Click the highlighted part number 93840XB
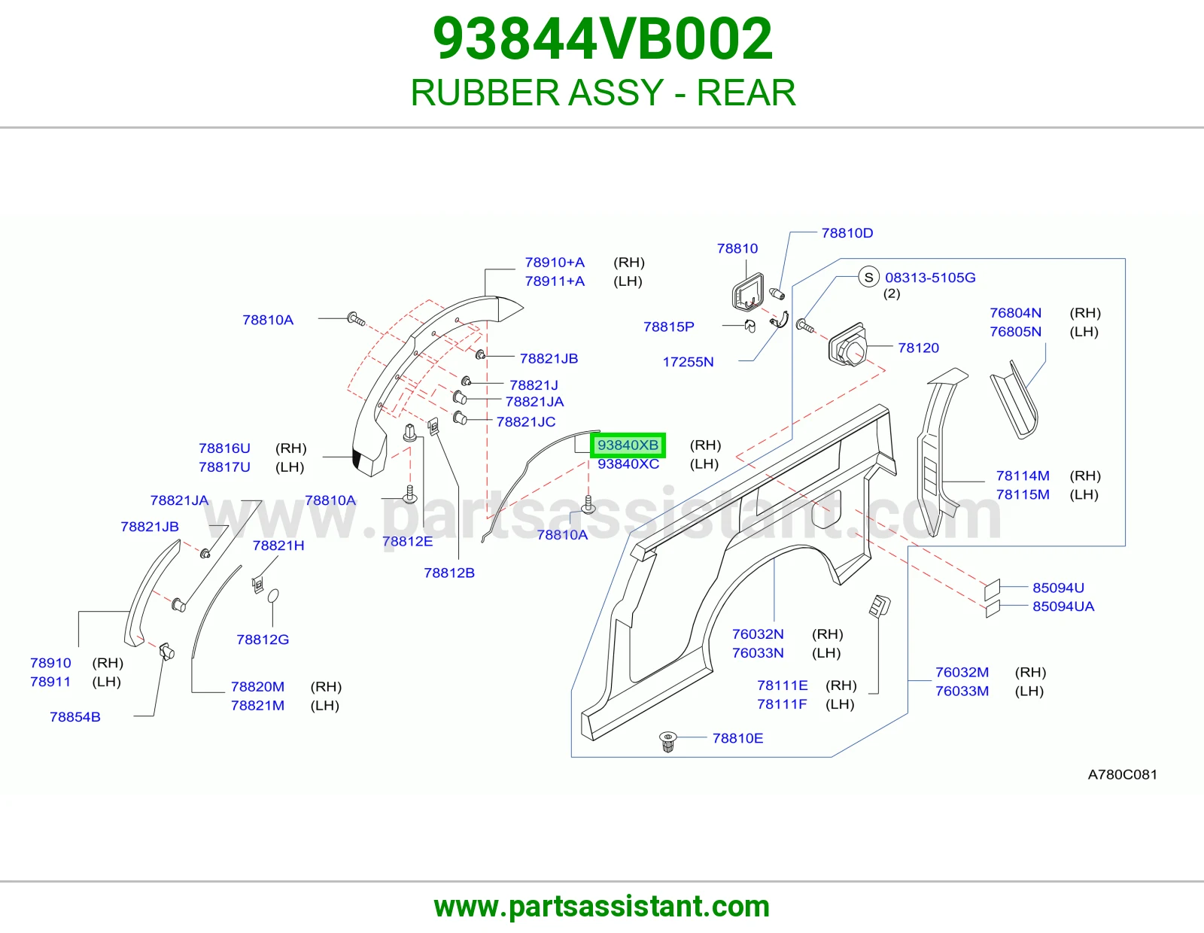tap(628, 445)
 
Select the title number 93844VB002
tap(602, 38)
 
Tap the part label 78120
tap(918, 348)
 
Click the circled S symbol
tap(868, 277)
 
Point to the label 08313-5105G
tap(930, 278)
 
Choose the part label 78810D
tap(847, 233)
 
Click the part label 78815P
tap(668, 327)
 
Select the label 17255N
tap(688, 362)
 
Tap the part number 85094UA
tap(1063, 606)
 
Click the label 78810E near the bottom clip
tap(737, 738)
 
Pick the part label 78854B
tap(75, 717)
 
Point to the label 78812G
tap(263, 640)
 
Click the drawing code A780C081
tap(1123, 774)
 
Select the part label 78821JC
tap(526, 422)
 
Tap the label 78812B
tap(449, 573)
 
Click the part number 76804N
tap(1016, 313)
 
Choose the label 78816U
tap(224, 448)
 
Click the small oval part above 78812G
tap(272, 596)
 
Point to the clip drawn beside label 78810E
tap(667, 741)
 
